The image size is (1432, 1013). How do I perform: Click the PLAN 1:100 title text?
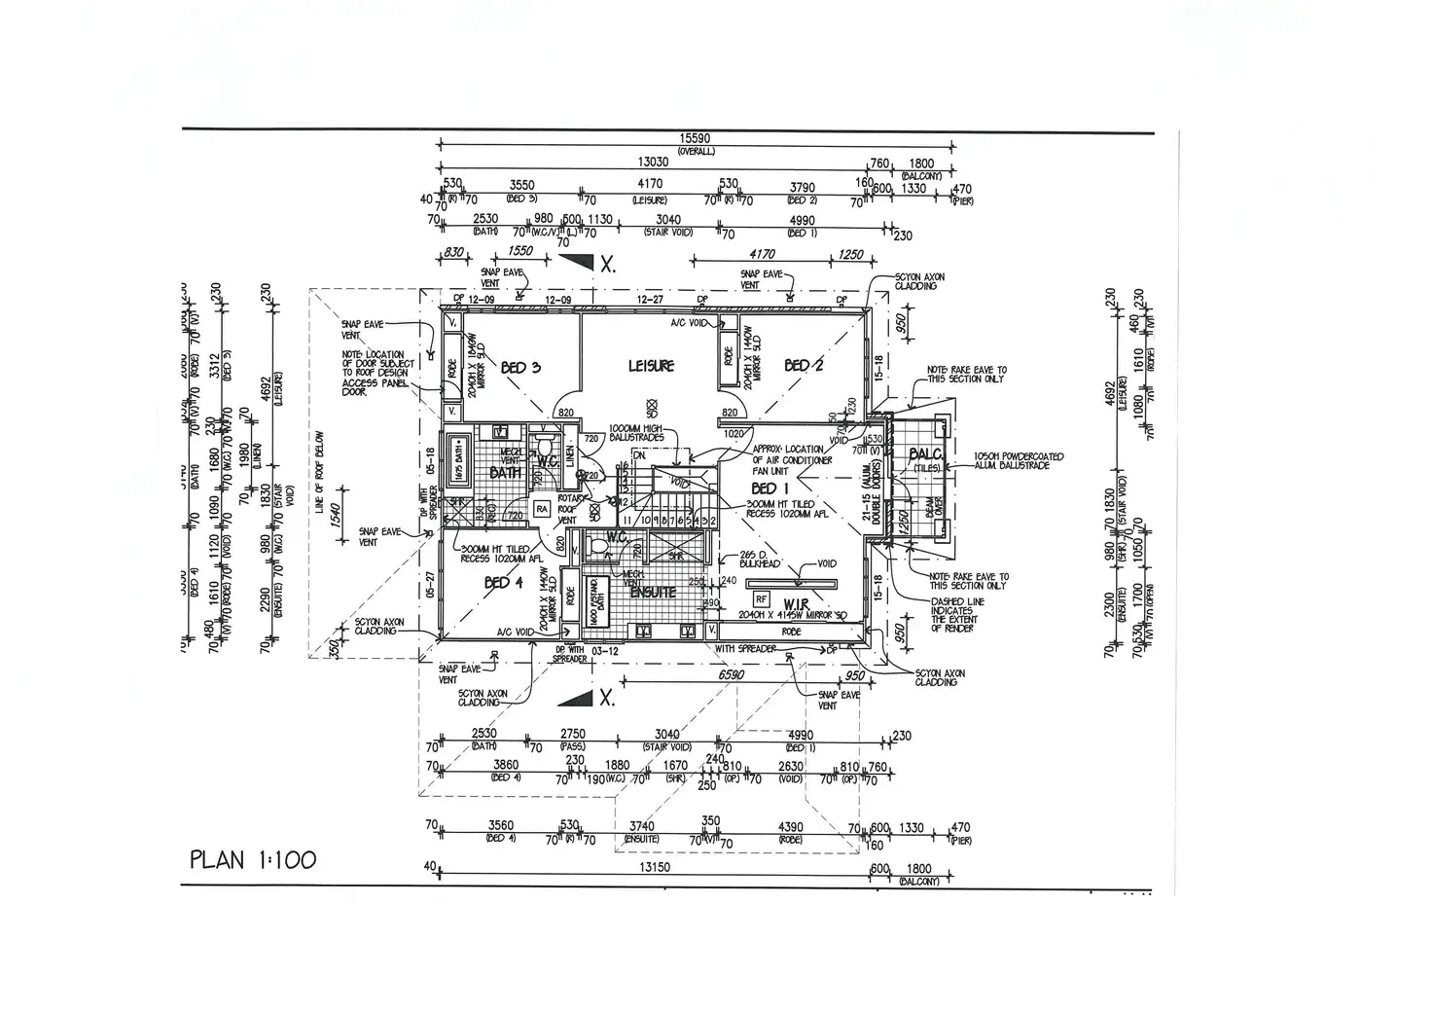[x=253, y=860]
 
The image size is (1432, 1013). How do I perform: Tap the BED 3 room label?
[x=520, y=368]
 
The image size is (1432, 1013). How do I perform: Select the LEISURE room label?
[x=650, y=366]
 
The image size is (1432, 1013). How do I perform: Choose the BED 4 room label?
[x=503, y=583]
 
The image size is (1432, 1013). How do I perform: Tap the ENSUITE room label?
[x=653, y=592]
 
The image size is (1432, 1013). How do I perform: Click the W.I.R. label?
[x=797, y=604]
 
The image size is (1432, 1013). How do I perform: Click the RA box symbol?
[x=543, y=508]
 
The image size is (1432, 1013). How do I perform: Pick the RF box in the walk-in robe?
[x=761, y=599]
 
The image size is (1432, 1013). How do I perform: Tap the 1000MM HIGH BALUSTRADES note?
[x=636, y=434]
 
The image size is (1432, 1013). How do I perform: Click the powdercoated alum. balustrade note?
[x=1018, y=461]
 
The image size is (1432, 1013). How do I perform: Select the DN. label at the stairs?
[x=639, y=455]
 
